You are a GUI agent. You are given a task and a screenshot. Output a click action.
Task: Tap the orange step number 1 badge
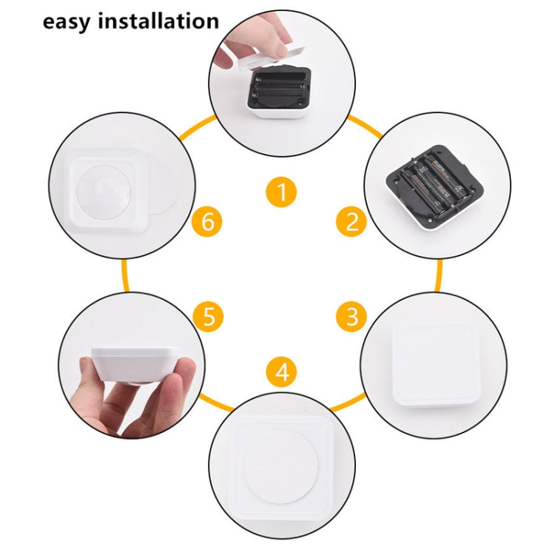(280, 194)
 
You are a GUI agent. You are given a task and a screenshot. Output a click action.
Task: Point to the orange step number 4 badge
(281, 372)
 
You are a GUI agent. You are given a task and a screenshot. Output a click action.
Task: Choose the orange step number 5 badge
(209, 317)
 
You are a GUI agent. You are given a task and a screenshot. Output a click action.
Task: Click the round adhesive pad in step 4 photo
(280, 474)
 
